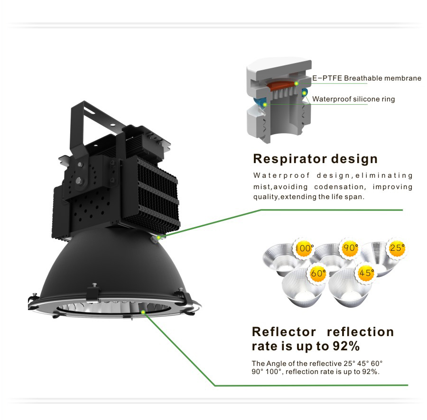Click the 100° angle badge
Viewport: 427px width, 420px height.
(x=305, y=248)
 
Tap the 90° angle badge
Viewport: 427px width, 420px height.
(x=351, y=248)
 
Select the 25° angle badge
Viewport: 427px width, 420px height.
(x=397, y=247)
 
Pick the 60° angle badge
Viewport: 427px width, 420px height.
(x=318, y=274)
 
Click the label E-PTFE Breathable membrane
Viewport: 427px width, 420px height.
(x=367, y=78)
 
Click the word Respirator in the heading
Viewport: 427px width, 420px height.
(x=288, y=159)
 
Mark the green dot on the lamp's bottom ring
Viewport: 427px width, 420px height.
(x=143, y=312)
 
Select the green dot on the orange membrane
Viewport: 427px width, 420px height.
(x=296, y=84)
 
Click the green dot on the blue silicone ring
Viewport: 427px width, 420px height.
(x=265, y=104)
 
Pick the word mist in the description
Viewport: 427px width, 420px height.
(x=261, y=187)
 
